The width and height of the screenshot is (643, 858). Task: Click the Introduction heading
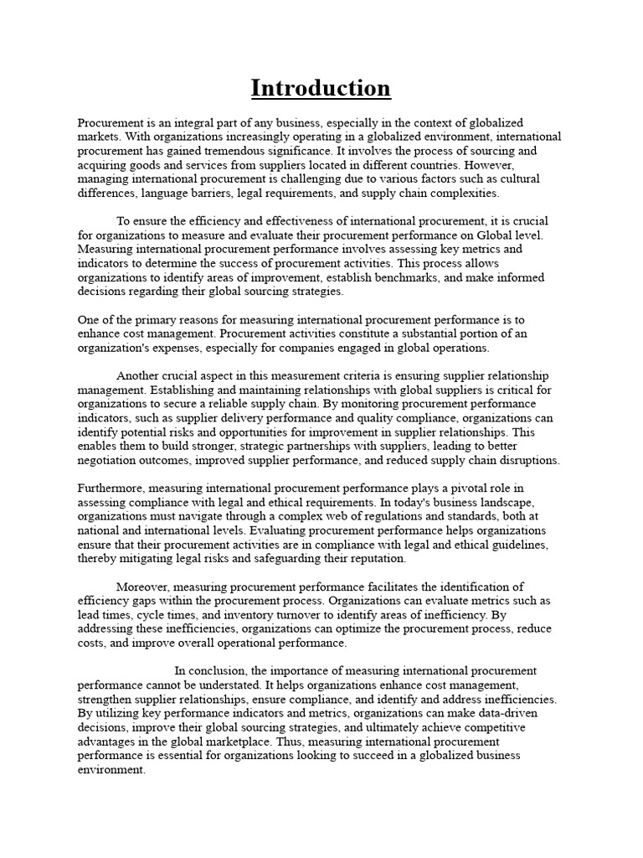tap(321, 88)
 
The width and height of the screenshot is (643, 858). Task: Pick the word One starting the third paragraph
tap(89, 320)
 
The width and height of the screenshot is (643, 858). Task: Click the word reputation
tap(375, 559)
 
